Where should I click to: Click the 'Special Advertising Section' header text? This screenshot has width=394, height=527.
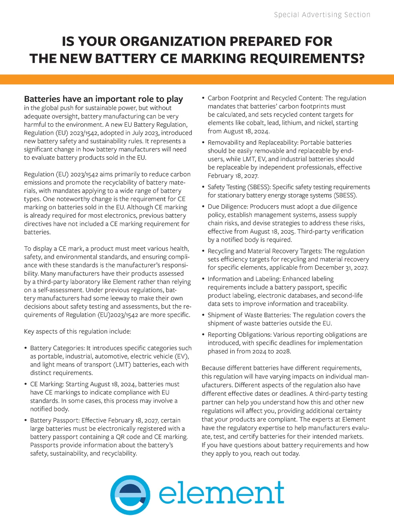click(x=322, y=15)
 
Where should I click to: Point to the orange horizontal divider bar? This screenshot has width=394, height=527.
click(x=197, y=79)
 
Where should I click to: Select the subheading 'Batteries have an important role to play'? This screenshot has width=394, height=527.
click(x=103, y=99)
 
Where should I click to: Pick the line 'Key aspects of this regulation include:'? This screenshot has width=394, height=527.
click(x=77, y=331)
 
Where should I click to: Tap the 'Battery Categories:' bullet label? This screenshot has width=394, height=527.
click(x=58, y=348)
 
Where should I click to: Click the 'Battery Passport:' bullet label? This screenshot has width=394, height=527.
click(x=55, y=420)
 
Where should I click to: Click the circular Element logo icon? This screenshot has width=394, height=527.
click(x=130, y=495)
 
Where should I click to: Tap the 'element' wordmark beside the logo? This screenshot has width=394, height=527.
click(x=221, y=492)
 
